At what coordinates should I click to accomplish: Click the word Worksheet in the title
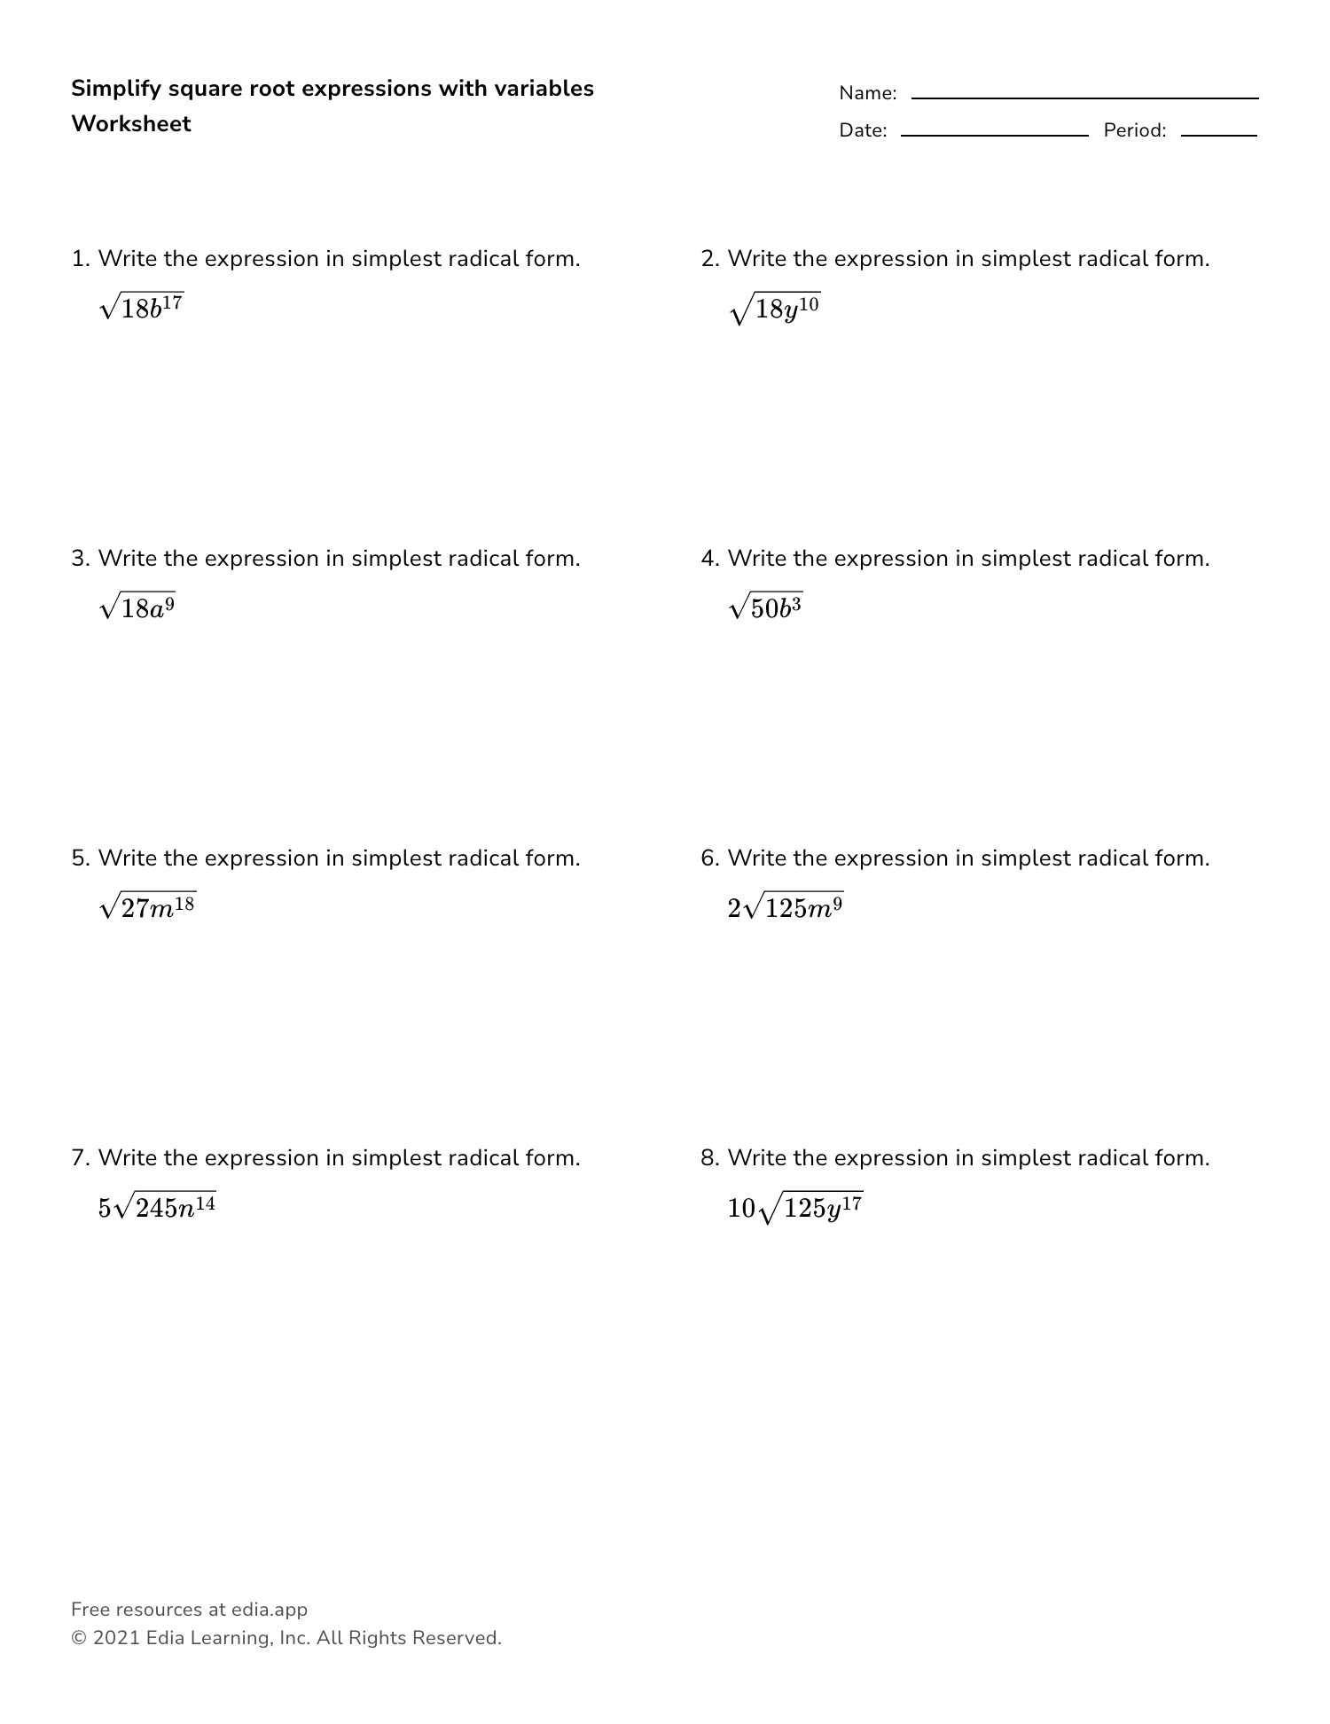[131, 124]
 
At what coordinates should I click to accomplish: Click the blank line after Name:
[1084, 98]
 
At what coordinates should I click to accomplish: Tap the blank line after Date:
[994, 135]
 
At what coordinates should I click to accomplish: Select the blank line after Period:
[1218, 135]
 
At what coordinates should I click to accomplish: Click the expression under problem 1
[142, 307]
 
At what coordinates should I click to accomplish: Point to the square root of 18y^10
[775, 309]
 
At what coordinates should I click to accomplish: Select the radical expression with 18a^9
[137, 607]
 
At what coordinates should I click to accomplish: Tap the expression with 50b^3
[765, 607]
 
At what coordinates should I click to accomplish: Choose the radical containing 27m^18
[148, 906]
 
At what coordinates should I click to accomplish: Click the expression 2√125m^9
[785, 906]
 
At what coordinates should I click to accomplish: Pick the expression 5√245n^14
[157, 1206]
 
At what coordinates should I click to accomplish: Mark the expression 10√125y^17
[794, 1207]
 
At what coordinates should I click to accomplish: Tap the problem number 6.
[708, 858]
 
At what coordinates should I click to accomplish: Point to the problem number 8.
[708, 1158]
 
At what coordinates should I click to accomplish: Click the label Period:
[1134, 130]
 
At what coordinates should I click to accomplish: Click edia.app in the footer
[270, 1610]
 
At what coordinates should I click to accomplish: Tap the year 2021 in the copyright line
[116, 1638]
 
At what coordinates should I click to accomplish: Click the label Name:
[867, 93]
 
